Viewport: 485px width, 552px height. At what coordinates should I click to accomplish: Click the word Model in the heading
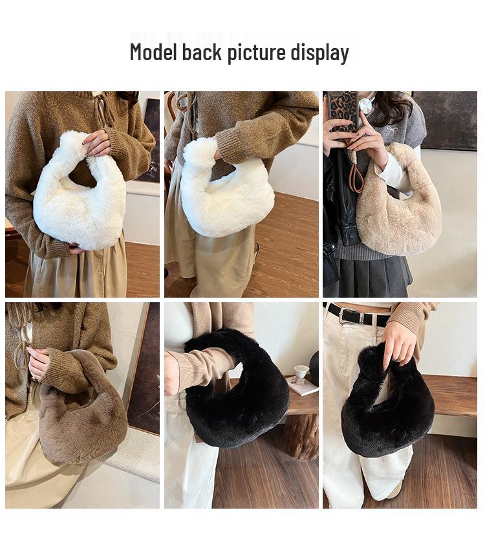[x=153, y=52]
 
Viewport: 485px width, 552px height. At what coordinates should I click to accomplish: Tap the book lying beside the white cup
[x=303, y=386]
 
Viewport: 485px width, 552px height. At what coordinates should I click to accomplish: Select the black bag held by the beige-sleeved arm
[x=239, y=395]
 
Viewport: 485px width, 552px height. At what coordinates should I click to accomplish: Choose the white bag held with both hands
[x=80, y=201]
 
